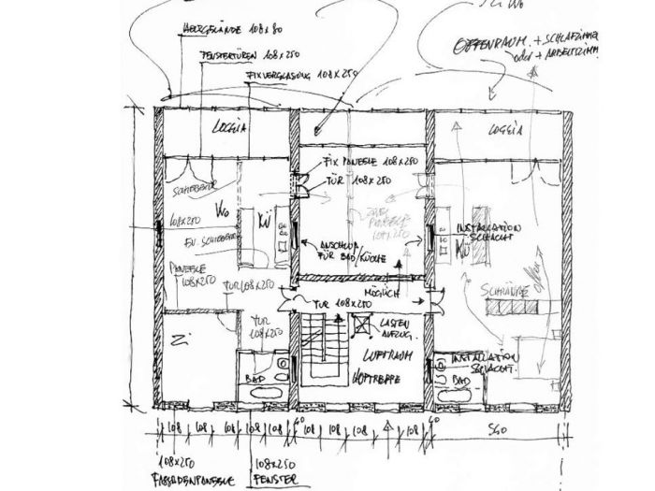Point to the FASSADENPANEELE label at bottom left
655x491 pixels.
[x=192, y=480]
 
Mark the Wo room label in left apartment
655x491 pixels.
[x=222, y=209]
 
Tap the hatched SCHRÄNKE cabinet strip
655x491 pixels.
[x=506, y=292]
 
